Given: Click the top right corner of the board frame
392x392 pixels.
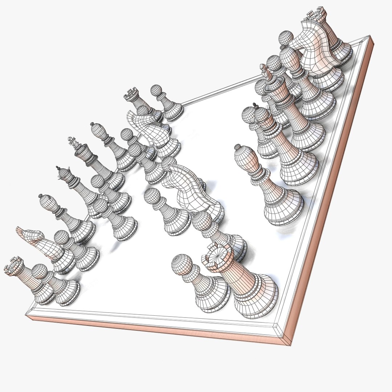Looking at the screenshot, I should (370, 37).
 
